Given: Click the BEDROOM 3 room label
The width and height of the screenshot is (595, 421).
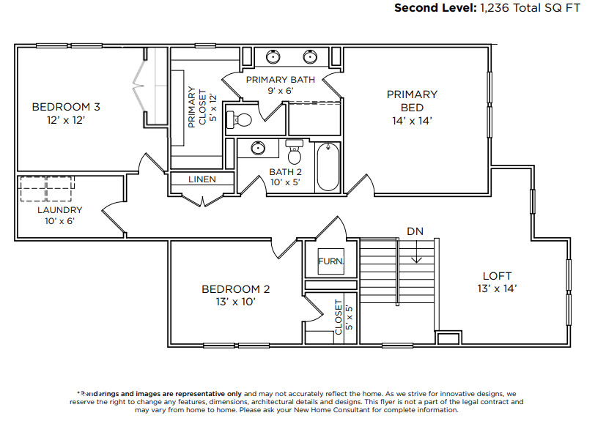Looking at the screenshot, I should point(66,107).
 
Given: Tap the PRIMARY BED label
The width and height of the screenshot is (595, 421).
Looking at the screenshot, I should point(412,94).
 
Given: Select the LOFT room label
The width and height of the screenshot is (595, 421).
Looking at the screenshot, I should point(497,275).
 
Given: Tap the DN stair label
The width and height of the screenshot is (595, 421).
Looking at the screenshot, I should point(415,232).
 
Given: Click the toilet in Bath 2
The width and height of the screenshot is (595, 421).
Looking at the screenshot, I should point(295,152).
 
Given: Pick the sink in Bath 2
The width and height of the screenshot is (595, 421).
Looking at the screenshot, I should point(257,148).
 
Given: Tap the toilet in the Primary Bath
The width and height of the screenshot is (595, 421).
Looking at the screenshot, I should point(240,119).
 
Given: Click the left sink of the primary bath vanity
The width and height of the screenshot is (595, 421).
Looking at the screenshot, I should point(272,56).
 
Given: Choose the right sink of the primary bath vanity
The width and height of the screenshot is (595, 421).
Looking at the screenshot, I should point(310,56).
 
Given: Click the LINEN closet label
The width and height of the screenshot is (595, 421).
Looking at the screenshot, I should point(202,179).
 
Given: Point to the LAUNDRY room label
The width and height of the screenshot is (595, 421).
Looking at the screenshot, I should point(60,209).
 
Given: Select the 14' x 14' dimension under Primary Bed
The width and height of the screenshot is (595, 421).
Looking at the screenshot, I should point(412,120).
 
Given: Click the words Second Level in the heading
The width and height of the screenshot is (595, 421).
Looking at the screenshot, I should point(435,8).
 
